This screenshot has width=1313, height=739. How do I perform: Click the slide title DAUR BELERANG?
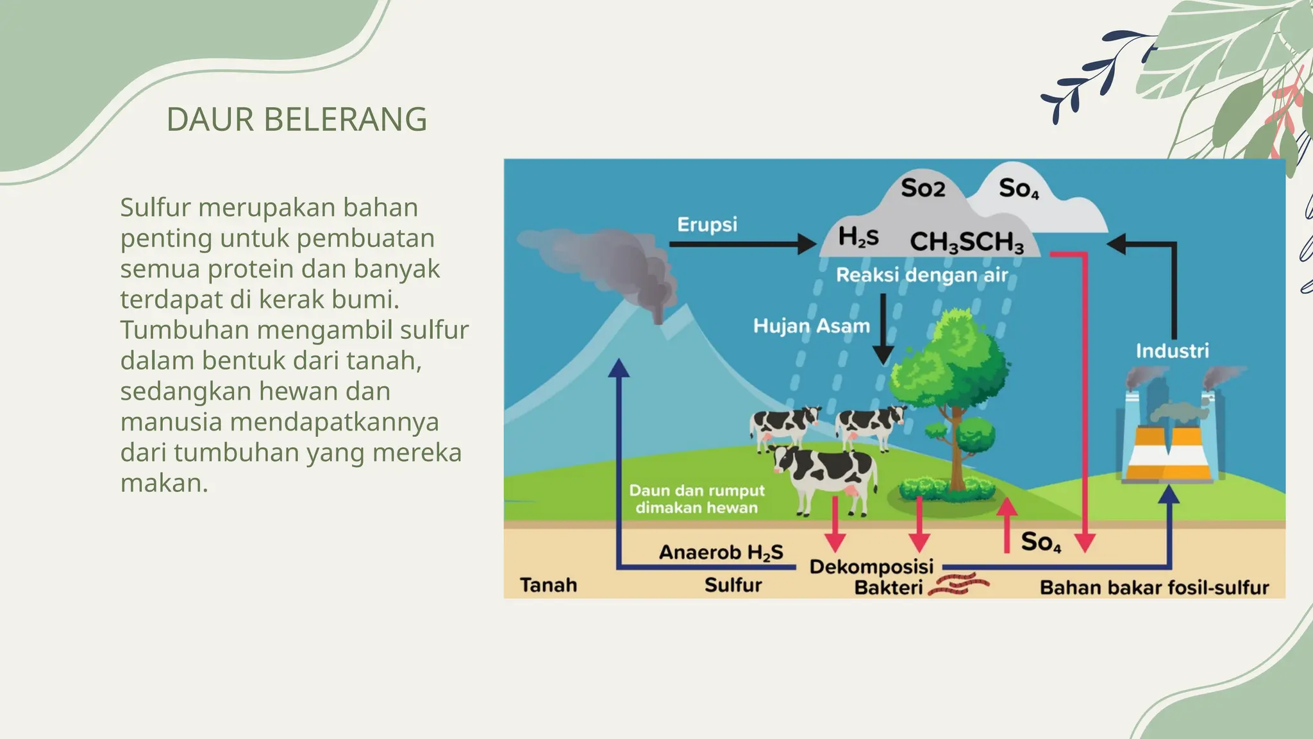296,119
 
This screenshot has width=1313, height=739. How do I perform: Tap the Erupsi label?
707,225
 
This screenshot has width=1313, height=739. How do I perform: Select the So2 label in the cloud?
923,188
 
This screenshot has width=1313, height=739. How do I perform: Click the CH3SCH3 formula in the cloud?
966,242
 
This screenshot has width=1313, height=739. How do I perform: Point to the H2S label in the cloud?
858,237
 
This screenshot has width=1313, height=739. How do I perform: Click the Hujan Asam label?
811,326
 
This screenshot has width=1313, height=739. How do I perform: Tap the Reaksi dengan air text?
921,275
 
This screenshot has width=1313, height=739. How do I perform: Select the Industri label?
1172,351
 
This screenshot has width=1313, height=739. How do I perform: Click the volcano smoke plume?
609,263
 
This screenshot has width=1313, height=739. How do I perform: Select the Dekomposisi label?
871,567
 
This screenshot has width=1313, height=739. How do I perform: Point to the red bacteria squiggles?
958,584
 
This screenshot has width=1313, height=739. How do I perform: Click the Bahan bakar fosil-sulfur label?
1154,588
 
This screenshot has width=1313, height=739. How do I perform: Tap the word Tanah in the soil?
548,585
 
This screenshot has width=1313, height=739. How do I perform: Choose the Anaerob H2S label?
721,552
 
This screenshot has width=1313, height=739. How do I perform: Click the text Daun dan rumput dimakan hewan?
697,499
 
